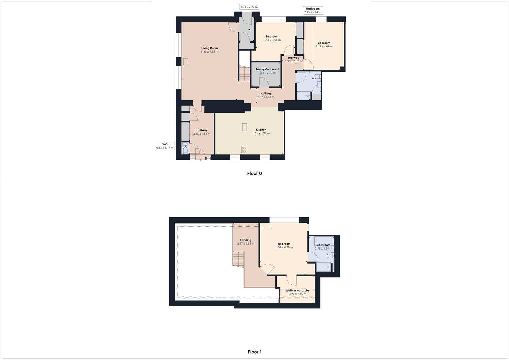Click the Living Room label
pos(209,48)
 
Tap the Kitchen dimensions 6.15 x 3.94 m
pos(261,133)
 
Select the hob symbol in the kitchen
pos(244,149)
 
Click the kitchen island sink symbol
pos(244,127)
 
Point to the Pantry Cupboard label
pos(267,69)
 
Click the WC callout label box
pos(165,146)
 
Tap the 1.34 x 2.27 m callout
pos(249,7)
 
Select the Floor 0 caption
pos(254,173)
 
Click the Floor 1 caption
pos(254,352)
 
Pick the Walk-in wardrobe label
pos(297,290)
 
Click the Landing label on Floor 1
pos(246,240)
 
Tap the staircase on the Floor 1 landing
pos(239,259)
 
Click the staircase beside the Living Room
pos(244,74)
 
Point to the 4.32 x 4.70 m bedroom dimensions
pos(284,247)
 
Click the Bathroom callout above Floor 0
pos(313,10)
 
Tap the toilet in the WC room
pos(185,150)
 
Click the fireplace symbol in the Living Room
pos(185,61)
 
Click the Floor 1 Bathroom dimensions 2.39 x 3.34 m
pos(323,248)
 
